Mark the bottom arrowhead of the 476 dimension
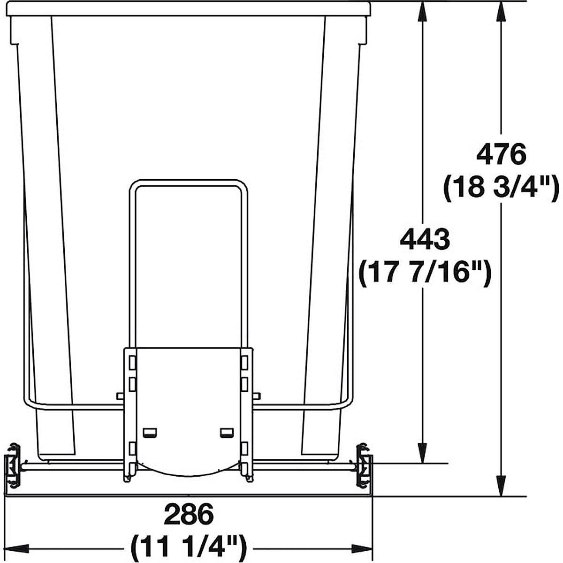point(501,488)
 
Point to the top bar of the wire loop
point(188,183)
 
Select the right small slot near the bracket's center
point(227,432)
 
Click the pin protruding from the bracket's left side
point(121,396)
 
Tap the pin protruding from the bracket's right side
point(256,396)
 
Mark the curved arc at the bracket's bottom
point(188,472)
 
